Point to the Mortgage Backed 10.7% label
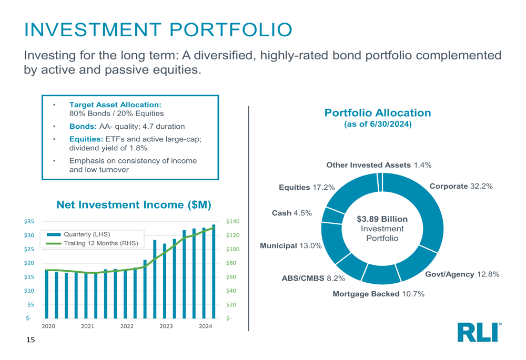click(378, 294)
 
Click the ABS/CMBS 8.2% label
click(313, 278)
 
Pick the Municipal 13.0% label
click(291, 245)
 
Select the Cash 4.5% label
click(291, 213)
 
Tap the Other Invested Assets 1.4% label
click(379, 165)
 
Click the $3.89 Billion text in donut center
click(382, 219)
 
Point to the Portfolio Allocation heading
click(378, 113)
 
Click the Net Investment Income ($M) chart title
click(134, 205)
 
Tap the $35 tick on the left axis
click(29, 222)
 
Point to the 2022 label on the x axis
click(127, 326)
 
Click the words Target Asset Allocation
click(115, 105)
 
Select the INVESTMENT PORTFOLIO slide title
click(158, 29)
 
